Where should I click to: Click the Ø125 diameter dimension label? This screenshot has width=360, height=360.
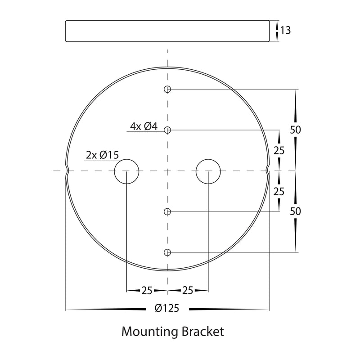(166, 309)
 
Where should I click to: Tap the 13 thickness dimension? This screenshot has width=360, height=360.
(285, 31)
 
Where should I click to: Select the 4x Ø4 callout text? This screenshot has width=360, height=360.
(144, 126)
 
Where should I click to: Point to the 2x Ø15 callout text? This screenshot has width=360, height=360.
(102, 155)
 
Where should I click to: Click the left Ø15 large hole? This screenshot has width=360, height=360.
(126, 171)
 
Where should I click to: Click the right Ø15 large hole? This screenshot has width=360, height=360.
(208, 171)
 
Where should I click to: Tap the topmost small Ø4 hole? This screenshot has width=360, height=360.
(167, 89)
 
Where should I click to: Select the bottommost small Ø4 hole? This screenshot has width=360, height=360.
(167, 252)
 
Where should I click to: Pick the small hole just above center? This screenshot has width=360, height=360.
(167, 130)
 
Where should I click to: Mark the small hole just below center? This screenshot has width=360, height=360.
(167, 211)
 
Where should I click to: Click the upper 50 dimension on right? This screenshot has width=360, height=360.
(295, 130)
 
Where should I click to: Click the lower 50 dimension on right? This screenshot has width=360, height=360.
(295, 211)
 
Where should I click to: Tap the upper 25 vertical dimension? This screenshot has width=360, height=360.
(279, 151)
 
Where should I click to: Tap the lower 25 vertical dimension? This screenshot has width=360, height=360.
(279, 191)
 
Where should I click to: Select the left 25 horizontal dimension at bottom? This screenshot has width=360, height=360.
(147, 291)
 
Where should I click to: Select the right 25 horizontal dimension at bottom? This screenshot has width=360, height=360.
(188, 291)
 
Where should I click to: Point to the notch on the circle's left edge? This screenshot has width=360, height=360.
(67, 171)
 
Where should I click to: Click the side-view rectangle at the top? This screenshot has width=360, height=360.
(167, 31)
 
